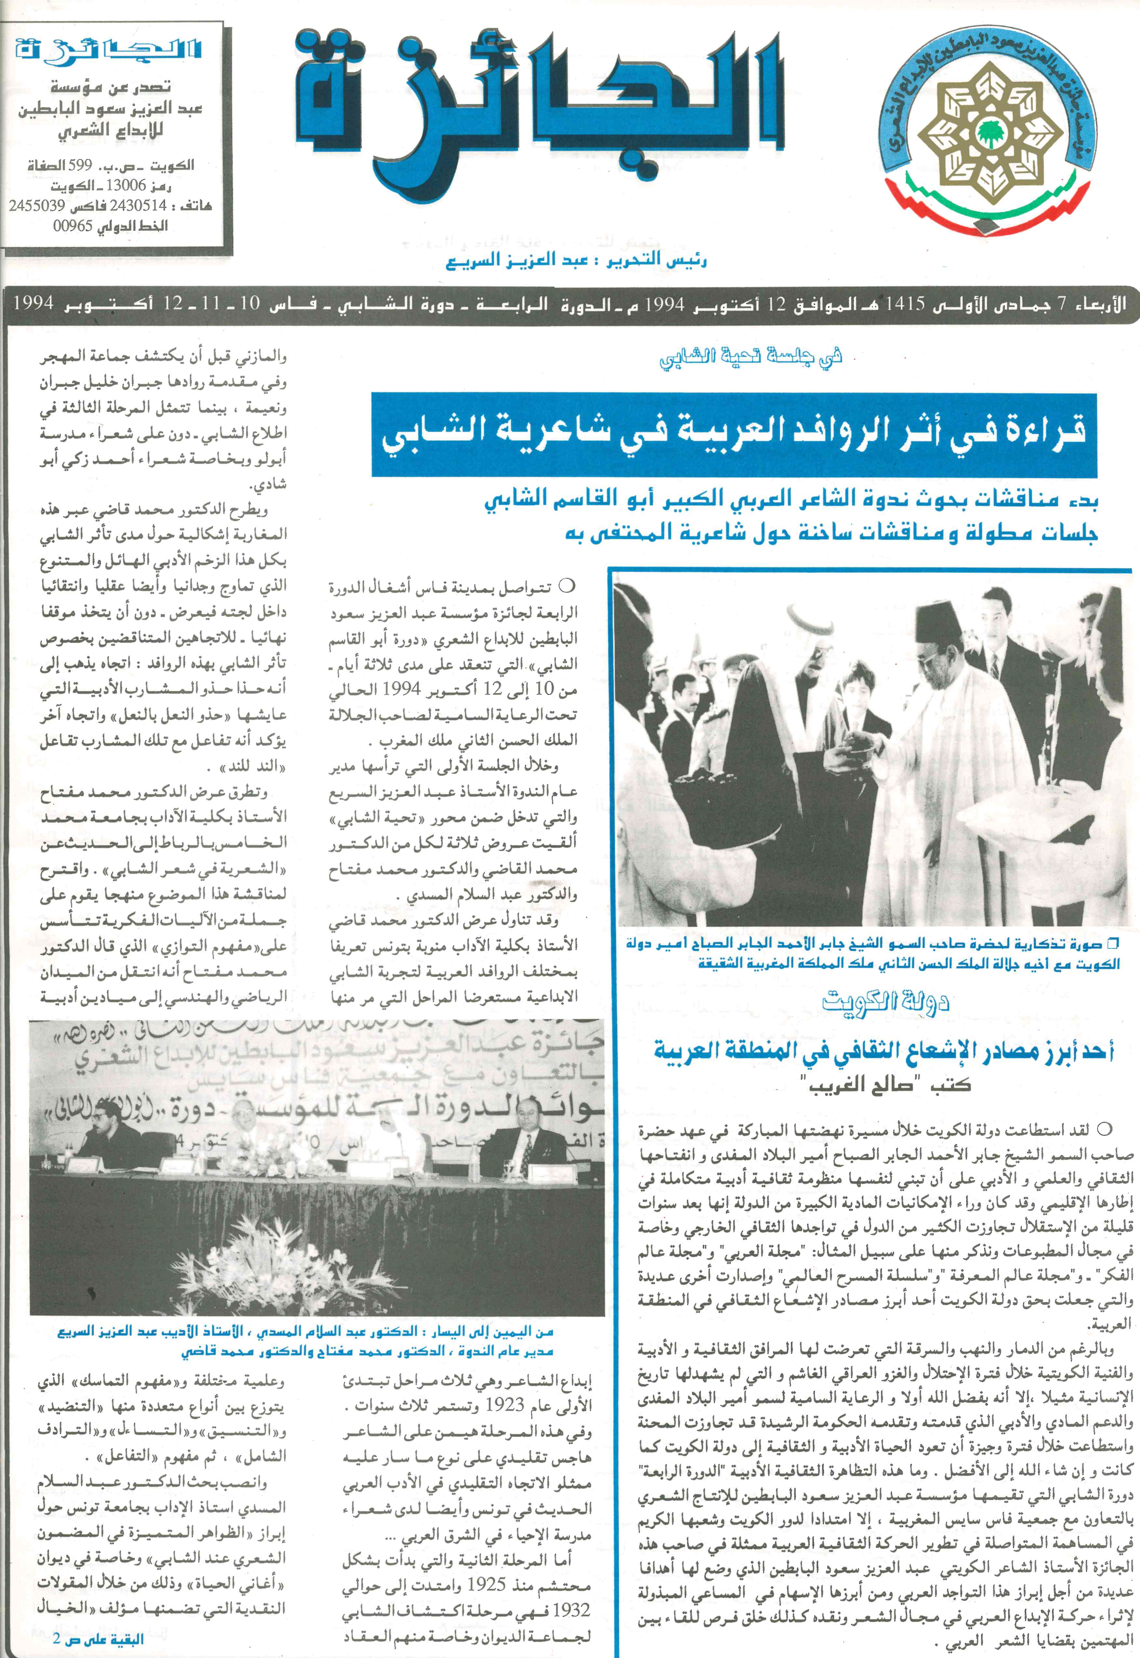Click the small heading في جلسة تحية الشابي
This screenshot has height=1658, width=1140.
pyautogui.click(x=750, y=355)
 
